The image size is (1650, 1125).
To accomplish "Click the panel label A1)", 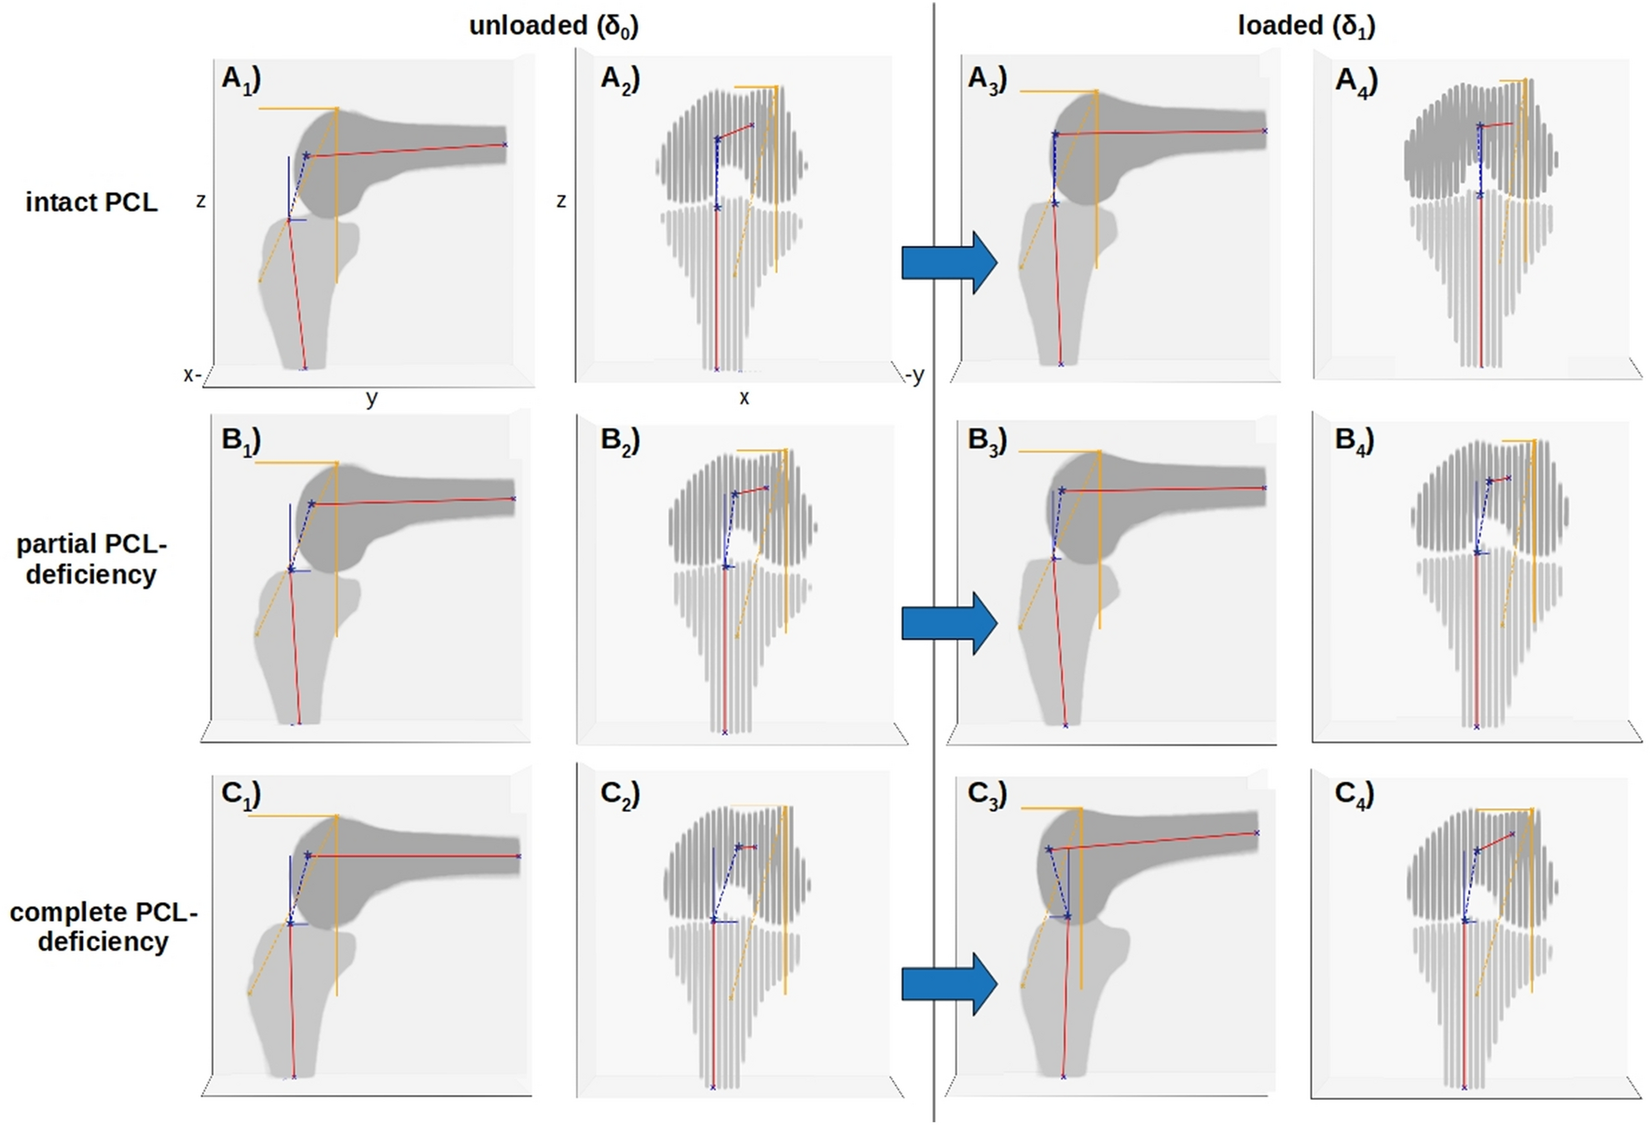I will (x=241, y=80).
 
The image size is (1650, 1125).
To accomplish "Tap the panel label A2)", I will (x=620, y=80).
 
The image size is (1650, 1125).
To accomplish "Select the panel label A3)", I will (x=987, y=80).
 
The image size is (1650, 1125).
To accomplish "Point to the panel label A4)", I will (x=1355, y=82).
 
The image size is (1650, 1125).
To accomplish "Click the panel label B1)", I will (x=241, y=441).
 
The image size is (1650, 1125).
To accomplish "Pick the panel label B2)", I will (x=620, y=441).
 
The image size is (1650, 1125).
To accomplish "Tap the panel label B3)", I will (x=987, y=441).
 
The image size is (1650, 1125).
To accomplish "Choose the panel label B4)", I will (x=1354, y=441).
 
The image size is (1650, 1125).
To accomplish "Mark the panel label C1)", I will (x=241, y=794).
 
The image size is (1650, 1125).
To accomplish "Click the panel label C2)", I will (x=620, y=794).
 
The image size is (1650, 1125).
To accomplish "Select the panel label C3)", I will (x=987, y=794).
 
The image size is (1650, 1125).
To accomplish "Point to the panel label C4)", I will (x=1354, y=794).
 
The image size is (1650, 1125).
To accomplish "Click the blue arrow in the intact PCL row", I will (x=949, y=263).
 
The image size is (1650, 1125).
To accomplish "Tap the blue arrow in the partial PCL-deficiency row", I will (x=949, y=623).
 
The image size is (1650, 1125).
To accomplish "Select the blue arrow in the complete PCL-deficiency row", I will (x=949, y=983).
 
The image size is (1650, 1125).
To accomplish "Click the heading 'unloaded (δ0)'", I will (x=554, y=26).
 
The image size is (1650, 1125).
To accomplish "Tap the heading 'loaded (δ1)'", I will (x=1306, y=26).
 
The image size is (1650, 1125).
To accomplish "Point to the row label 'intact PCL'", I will (x=91, y=202).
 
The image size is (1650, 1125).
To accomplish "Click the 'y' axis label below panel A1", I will (x=372, y=399).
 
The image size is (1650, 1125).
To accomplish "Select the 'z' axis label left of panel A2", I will (x=560, y=200).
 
